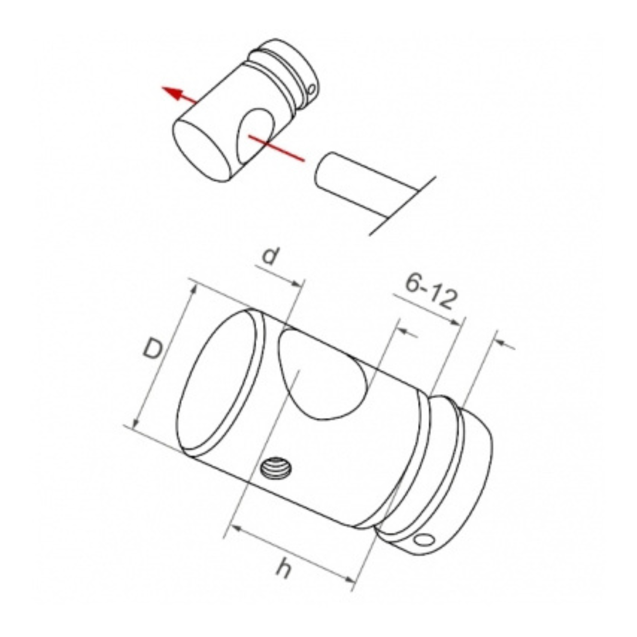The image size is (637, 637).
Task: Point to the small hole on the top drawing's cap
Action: (311, 89)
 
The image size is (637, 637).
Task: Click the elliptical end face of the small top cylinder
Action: (199, 150)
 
